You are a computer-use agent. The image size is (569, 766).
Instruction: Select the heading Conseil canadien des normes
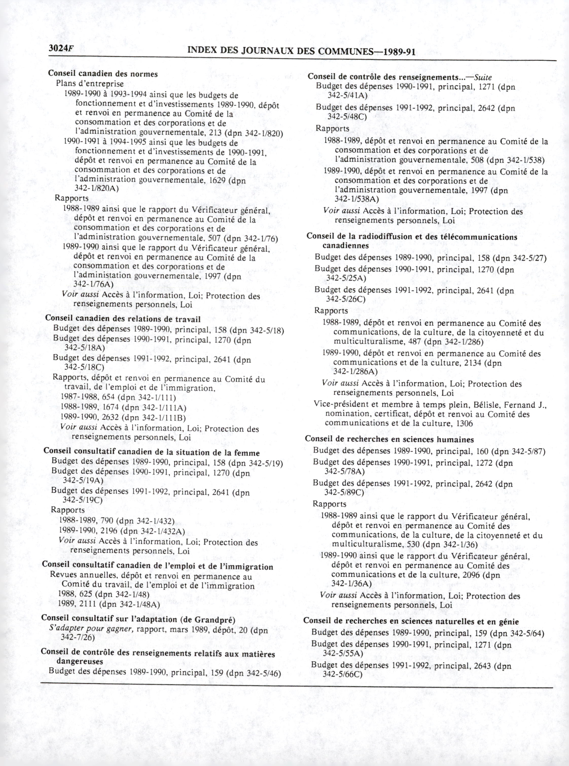click(103, 74)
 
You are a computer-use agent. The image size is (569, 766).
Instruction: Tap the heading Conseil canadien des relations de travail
click(123, 319)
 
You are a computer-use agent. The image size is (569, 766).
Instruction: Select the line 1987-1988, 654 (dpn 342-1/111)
click(118, 398)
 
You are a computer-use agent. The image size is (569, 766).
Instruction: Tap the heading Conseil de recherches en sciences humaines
click(389, 440)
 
